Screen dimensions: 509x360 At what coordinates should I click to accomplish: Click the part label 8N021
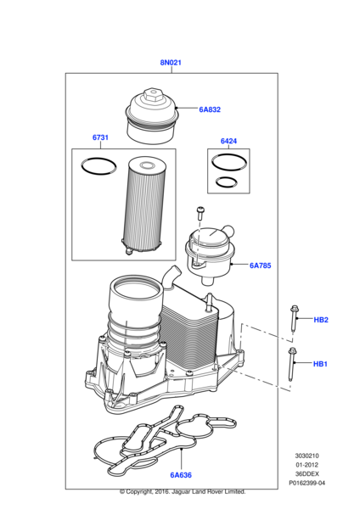click(x=171, y=63)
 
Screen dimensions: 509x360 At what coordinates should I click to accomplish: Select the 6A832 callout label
click(x=210, y=109)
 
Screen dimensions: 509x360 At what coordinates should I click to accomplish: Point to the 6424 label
click(x=228, y=142)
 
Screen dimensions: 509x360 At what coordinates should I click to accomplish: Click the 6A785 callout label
click(x=259, y=266)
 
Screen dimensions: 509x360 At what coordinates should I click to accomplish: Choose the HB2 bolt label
click(x=321, y=320)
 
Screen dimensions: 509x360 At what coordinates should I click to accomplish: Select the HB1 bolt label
click(x=320, y=364)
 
